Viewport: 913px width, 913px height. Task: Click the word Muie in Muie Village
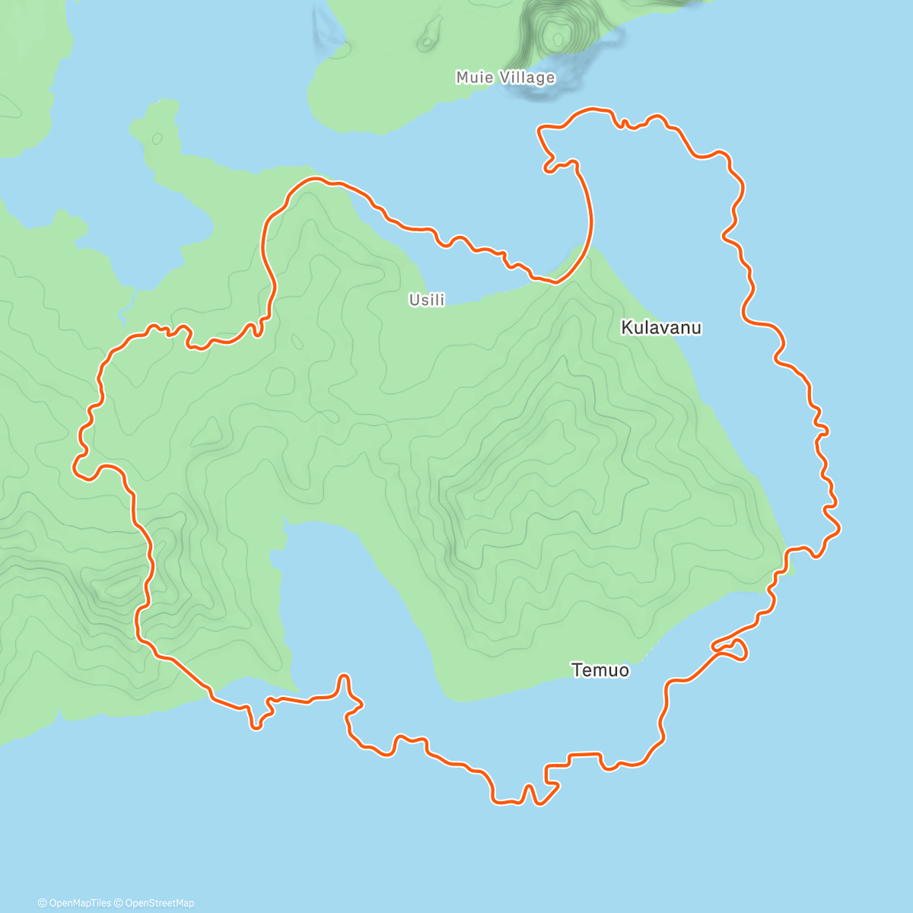tap(473, 78)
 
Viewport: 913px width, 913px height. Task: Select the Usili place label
tap(427, 300)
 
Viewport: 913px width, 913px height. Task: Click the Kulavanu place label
tap(661, 328)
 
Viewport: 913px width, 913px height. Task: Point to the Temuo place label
tap(600, 670)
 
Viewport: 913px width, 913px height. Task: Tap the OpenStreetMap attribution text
tap(160, 903)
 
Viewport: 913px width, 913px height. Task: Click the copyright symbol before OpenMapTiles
tap(42, 903)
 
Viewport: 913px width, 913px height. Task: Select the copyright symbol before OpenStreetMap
tap(119, 903)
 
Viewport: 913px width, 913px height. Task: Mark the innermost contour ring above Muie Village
tap(558, 36)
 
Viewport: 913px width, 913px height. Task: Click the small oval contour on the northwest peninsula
tap(157, 138)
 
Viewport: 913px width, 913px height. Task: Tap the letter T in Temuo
tap(576, 670)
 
